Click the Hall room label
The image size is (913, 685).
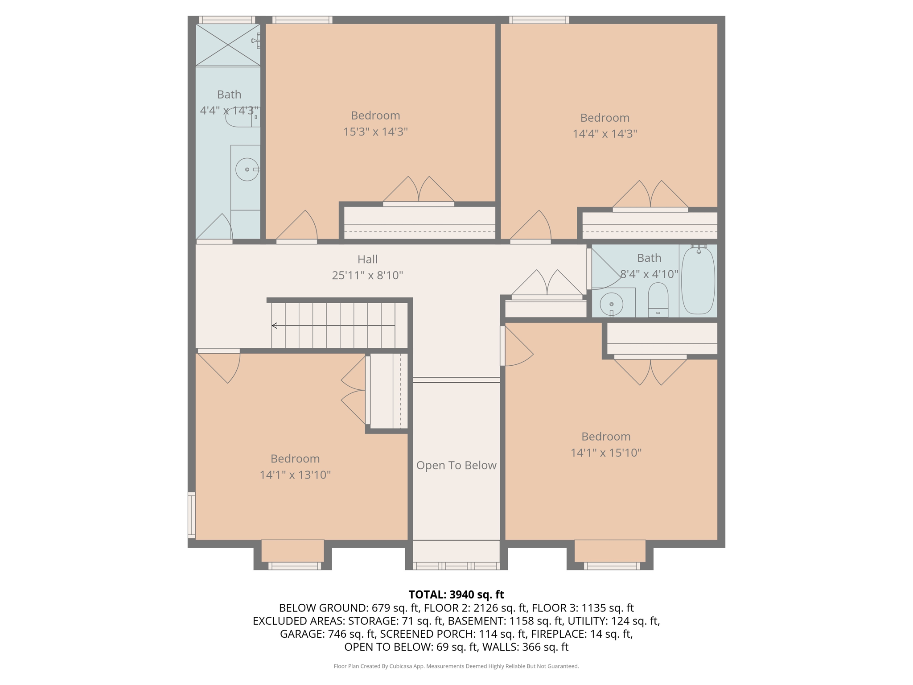click(x=367, y=259)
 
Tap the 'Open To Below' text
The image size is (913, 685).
click(x=456, y=465)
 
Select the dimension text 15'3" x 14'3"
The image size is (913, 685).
click(x=375, y=132)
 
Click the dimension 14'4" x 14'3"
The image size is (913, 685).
click(x=605, y=134)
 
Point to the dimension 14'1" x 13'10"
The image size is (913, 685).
click(x=295, y=475)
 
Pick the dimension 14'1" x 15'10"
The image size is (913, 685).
click(x=606, y=453)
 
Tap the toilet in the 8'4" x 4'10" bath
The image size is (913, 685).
click(x=658, y=300)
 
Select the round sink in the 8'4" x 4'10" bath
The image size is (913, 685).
click(x=612, y=304)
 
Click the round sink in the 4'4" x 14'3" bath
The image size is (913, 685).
click(x=247, y=169)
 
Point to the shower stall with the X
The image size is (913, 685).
click(x=228, y=45)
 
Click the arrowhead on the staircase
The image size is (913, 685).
click(x=275, y=326)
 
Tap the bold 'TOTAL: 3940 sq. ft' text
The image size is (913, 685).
click(x=456, y=594)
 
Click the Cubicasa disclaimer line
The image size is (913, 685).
click(x=456, y=666)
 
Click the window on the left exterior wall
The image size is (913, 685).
click(x=192, y=515)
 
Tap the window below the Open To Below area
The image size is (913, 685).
click(x=456, y=566)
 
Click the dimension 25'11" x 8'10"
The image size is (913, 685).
click(x=367, y=275)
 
